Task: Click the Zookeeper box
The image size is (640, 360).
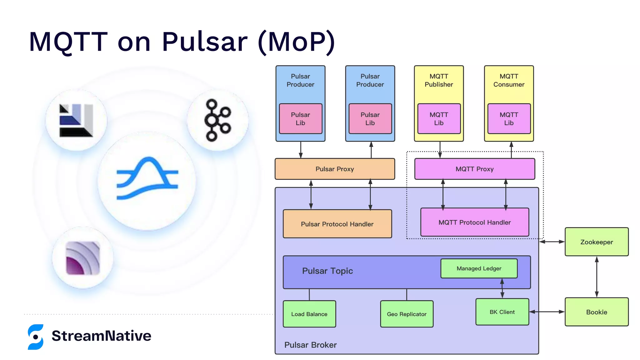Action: click(596, 242)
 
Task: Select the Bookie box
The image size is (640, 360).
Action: click(596, 312)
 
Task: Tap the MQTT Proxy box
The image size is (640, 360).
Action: click(474, 169)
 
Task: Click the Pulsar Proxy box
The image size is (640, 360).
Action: click(334, 169)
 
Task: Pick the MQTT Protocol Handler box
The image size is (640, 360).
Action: click(474, 222)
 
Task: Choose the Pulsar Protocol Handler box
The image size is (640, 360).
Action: click(337, 224)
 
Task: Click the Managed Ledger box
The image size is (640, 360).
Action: click(479, 268)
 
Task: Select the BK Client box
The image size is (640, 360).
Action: click(502, 312)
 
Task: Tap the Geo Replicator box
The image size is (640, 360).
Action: click(406, 314)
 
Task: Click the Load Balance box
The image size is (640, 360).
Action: click(309, 314)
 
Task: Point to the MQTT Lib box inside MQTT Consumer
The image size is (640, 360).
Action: click(509, 119)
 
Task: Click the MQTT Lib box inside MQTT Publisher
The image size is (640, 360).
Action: click(439, 119)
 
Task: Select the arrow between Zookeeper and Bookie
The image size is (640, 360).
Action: click(597, 277)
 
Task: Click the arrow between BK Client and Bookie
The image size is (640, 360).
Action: click(547, 312)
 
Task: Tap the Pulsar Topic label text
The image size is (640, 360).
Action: click(327, 271)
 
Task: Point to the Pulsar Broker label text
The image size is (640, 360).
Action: click(310, 345)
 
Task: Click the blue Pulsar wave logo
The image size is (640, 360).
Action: click(147, 178)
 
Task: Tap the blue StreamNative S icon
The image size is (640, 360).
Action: click(36, 337)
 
